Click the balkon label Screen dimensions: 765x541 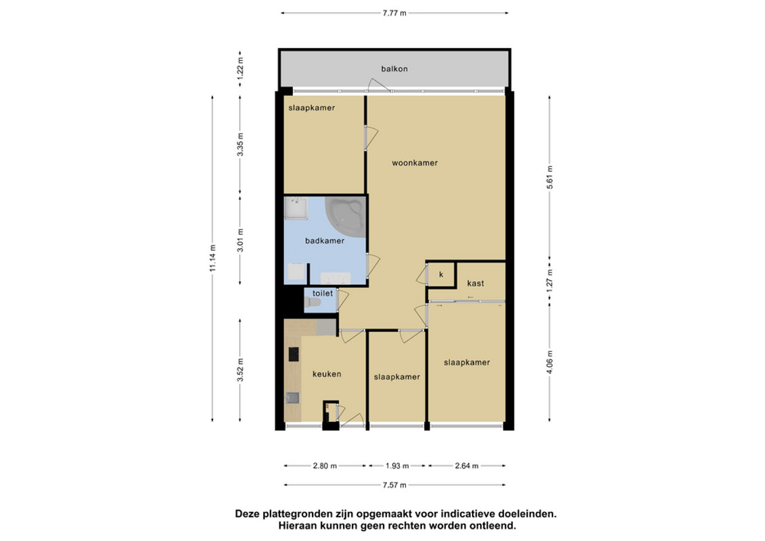394,69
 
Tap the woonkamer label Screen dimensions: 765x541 415,163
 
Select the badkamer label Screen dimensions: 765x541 325,241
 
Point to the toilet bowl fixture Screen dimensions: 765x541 312,303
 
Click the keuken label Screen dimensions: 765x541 327,374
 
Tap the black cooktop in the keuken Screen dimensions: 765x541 294,354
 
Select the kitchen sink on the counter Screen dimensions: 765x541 292,398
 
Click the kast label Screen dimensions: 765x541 476,283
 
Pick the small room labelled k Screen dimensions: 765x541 441,275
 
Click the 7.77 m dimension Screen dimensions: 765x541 394,13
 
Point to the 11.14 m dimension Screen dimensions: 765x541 212,258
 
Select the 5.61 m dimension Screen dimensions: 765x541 550,178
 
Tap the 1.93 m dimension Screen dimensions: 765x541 397,466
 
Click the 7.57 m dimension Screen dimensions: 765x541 395,486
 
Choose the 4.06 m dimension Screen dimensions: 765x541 550,362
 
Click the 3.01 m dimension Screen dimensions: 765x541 240,241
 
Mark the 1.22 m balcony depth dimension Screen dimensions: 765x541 240,69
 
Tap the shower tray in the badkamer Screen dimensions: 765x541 296,209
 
